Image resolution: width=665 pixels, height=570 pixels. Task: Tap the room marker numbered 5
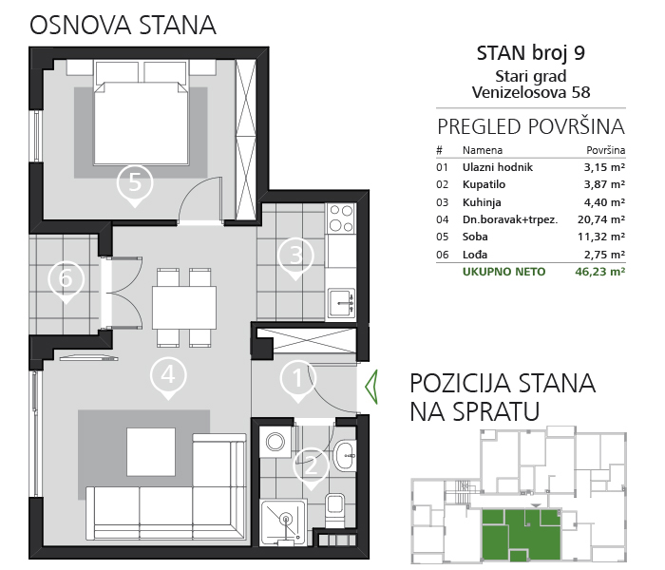pos(135,185)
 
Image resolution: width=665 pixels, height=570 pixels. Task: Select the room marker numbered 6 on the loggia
pos(66,281)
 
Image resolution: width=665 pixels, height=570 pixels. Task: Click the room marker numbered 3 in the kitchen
pos(296,258)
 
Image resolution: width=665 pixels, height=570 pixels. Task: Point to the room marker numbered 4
pos(168,378)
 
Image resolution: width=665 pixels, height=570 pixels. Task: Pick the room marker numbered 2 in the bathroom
pos(312,468)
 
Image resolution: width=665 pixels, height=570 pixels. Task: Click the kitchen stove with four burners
pos(341,218)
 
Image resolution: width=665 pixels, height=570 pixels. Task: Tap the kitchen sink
pos(341,303)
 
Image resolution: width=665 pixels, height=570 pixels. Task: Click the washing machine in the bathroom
pos(275,443)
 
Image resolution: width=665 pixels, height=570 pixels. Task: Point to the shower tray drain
pos(285,519)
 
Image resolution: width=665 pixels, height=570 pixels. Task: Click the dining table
pos(184,308)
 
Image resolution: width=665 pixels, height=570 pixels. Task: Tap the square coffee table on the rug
pos(151,451)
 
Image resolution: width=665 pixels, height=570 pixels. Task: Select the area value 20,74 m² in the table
pos(601,219)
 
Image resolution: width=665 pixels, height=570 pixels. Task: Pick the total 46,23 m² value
pos(599,272)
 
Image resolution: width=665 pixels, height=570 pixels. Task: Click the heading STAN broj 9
pos(530,53)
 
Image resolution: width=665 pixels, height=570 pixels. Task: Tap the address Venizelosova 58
pos(531,92)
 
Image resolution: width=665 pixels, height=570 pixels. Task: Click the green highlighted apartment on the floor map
pos(522,534)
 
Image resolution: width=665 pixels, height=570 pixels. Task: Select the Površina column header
pos(606,150)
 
